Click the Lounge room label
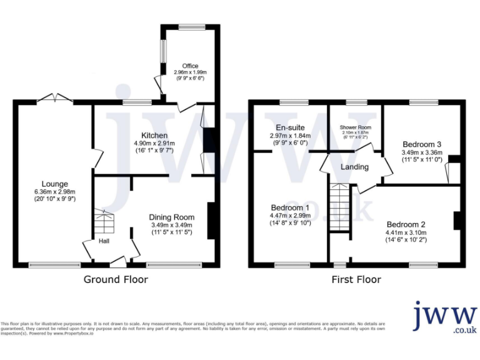55,184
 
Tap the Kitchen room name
154,136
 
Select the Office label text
190,66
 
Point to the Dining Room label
172,217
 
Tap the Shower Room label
356,127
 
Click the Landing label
354,167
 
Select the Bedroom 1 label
290,207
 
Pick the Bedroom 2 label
406,224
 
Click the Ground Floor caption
116,279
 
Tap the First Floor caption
356,279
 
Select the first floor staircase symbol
341,207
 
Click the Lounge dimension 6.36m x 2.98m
55,192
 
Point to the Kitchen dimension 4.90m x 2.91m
154,144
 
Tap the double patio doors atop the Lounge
56,98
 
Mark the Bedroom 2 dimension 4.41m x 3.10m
406,233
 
